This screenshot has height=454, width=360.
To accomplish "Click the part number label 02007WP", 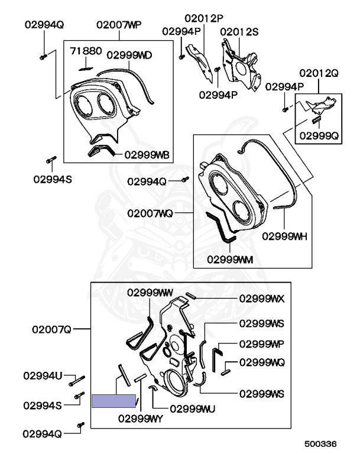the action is [x=119, y=25].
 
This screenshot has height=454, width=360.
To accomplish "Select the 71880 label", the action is [x=86, y=51].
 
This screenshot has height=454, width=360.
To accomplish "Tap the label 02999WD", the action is [x=129, y=56].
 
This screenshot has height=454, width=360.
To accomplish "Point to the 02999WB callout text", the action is [x=147, y=155].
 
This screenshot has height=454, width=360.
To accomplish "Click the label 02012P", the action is [x=204, y=18].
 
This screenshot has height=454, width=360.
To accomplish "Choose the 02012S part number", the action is [x=239, y=32].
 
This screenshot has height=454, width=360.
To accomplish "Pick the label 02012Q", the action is [x=319, y=73].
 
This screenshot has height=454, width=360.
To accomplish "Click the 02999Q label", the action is [x=319, y=136].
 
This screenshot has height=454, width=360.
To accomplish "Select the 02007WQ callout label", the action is [x=150, y=213].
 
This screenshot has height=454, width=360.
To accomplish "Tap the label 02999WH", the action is [x=284, y=236].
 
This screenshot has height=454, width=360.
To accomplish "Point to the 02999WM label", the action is [x=230, y=260].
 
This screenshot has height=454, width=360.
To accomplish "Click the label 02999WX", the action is [x=262, y=299].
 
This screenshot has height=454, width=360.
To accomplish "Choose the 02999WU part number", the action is [x=192, y=409].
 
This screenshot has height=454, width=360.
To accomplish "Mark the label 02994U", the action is [x=43, y=376].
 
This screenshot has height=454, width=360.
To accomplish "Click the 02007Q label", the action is [x=51, y=329].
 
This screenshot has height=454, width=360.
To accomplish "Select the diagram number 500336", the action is [x=320, y=444].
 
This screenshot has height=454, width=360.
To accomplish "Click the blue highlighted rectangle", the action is [x=114, y=401].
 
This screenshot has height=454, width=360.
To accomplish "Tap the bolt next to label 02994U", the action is [x=77, y=381].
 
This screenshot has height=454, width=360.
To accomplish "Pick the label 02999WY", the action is [x=141, y=419].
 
